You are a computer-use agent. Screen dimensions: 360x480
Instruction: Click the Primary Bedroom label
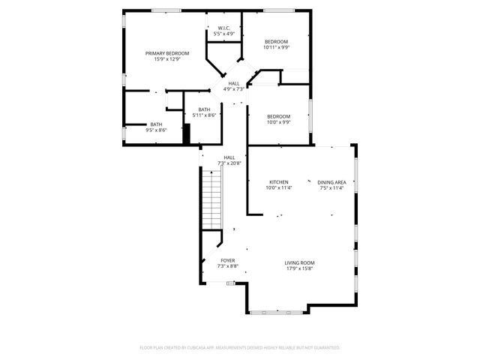[x=166, y=53]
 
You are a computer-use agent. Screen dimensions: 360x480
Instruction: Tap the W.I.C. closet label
[x=224, y=28]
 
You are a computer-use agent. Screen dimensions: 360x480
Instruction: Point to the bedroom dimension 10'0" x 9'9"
[x=279, y=122]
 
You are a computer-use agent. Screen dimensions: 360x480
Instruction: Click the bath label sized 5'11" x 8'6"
[x=205, y=110]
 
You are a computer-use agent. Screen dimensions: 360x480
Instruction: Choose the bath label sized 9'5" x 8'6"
[x=156, y=124]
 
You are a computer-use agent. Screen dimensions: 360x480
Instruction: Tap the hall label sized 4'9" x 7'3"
[x=234, y=83]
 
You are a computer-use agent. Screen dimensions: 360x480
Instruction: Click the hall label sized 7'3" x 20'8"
[x=229, y=157]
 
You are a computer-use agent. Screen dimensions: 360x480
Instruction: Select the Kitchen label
[x=279, y=182]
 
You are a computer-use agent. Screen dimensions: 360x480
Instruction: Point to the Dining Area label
[x=331, y=182]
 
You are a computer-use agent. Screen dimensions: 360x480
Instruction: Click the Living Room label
[x=298, y=262]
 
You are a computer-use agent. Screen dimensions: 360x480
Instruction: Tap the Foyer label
[x=227, y=260]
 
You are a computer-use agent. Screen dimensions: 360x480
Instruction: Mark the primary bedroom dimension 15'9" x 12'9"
[x=166, y=59]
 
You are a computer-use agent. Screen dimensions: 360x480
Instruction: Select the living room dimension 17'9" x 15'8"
[x=298, y=268]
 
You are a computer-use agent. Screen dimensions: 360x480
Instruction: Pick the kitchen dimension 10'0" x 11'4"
[x=279, y=188]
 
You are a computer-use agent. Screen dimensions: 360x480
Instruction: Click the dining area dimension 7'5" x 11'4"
[x=331, y=188]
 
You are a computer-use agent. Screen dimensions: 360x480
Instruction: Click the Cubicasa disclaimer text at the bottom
[x=240, y=348]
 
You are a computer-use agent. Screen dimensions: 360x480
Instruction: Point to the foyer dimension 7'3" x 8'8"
[x=227, y=266]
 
